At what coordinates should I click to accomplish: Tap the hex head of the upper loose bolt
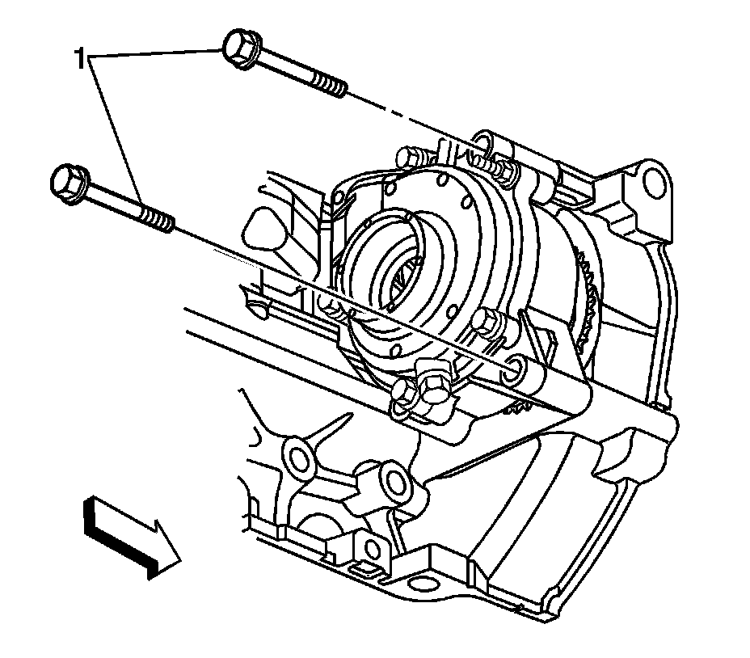point(241,48)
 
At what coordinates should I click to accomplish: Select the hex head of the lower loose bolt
point(69,184)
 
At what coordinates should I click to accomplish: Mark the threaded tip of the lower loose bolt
point(158,221)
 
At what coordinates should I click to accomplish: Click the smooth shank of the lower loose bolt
point(114,202)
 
